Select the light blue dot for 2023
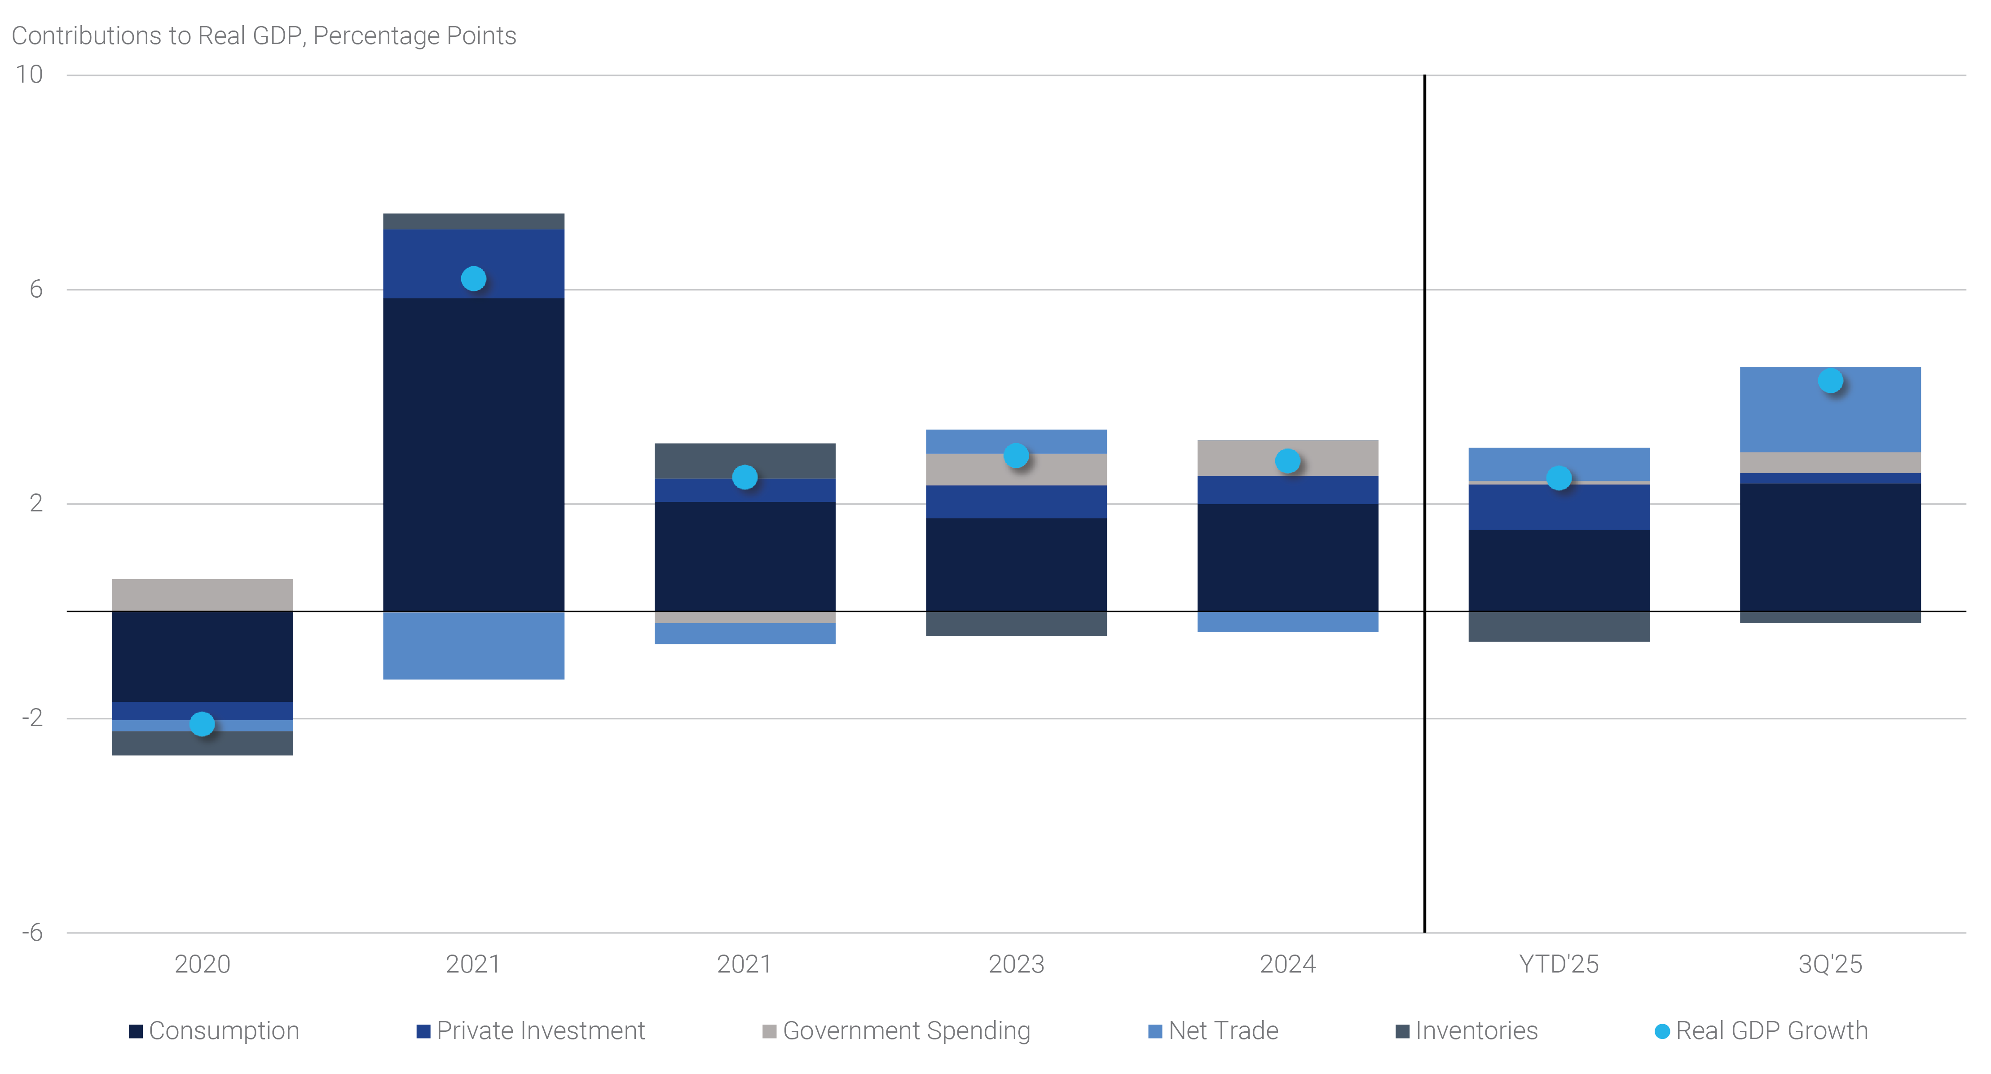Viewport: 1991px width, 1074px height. click(x=1016, y=456)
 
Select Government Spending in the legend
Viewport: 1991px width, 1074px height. click(x=897, y=1031)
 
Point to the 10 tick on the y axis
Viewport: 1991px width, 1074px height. click(x=29, y=75)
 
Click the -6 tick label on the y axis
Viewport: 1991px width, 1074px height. click(x=32, y=933)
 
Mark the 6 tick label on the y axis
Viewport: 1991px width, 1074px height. click(x=35, y=289)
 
